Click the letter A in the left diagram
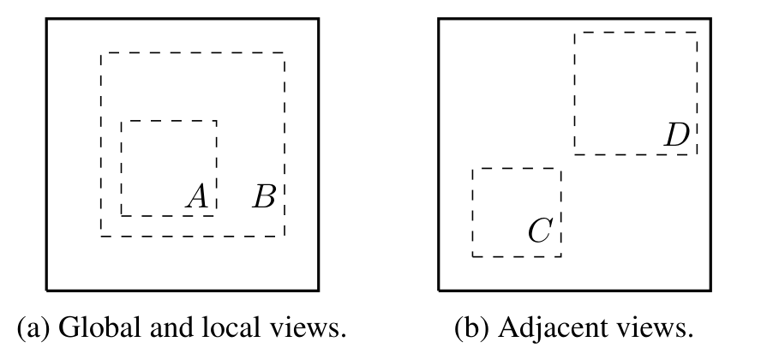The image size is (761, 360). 197,196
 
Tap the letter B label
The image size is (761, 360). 265,196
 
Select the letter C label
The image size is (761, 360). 540,230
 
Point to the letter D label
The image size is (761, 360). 677,135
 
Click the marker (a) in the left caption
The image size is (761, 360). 33,327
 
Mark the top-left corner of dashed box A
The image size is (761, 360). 122,121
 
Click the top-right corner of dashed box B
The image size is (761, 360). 285,53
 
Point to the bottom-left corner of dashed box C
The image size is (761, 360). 473,256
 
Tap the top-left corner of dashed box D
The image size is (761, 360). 575,33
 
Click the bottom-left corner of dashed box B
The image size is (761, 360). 101,237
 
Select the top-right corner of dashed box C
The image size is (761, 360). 561,168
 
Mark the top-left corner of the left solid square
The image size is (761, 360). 46,19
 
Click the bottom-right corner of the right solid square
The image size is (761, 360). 711,291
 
